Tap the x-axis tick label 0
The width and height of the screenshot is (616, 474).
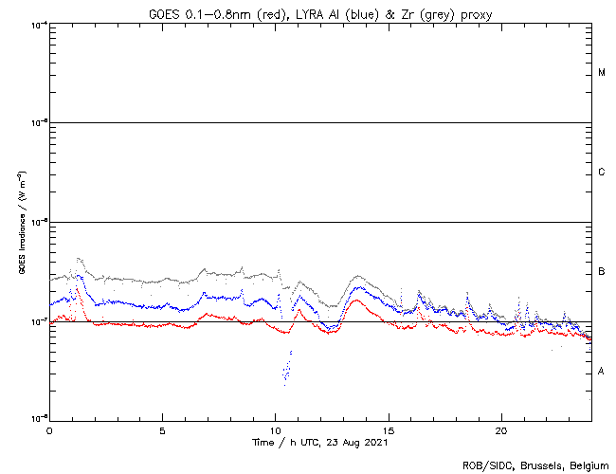coord(49,429)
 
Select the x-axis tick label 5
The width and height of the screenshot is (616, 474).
coord(163,429)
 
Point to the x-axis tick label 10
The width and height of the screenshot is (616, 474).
coord(276,429)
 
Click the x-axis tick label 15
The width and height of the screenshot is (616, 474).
coord(389,429)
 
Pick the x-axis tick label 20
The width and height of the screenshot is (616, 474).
coord(501,429)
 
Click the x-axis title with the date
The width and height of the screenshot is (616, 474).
coord(319,442)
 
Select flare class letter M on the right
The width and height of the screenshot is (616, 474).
coord(602,73)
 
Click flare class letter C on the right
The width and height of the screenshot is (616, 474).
coord(602,173)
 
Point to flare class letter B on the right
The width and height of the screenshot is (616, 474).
coord(602,272)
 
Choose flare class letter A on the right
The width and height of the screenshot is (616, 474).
coord(602,372)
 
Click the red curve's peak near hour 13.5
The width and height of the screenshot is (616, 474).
coord(354,301)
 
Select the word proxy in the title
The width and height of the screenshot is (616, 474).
coord(480,12)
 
